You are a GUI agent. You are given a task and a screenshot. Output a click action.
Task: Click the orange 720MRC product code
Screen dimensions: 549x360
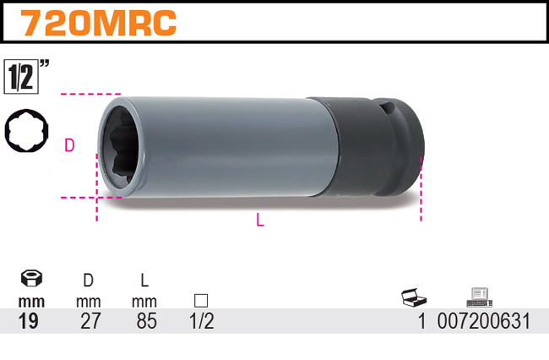point(98,23)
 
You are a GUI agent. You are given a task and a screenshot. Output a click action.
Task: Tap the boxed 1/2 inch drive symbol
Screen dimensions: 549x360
point(21,77)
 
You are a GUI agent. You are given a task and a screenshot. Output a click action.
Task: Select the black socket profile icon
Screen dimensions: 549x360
point(27,130)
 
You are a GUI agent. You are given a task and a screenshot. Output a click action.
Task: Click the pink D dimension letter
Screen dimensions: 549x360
point(69,145)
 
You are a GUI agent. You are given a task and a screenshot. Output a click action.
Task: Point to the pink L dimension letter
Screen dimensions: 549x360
point(260,220)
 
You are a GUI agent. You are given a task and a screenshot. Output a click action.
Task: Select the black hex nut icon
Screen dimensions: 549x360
point(31,278)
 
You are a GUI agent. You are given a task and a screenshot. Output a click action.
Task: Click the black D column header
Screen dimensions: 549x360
point(88,281)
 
